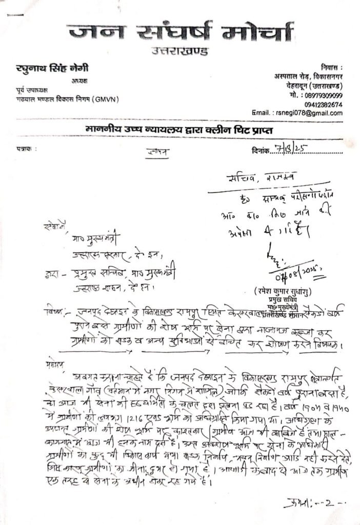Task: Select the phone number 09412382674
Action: click(x=323, y=104)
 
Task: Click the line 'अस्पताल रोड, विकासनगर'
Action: click(x=308, y=76)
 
